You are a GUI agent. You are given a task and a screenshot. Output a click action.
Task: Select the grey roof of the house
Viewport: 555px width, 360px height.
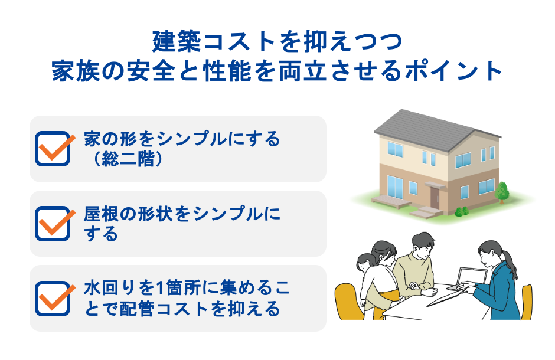pos(431,126)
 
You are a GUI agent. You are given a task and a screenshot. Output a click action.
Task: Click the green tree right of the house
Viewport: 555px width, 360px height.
pos(502,190)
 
